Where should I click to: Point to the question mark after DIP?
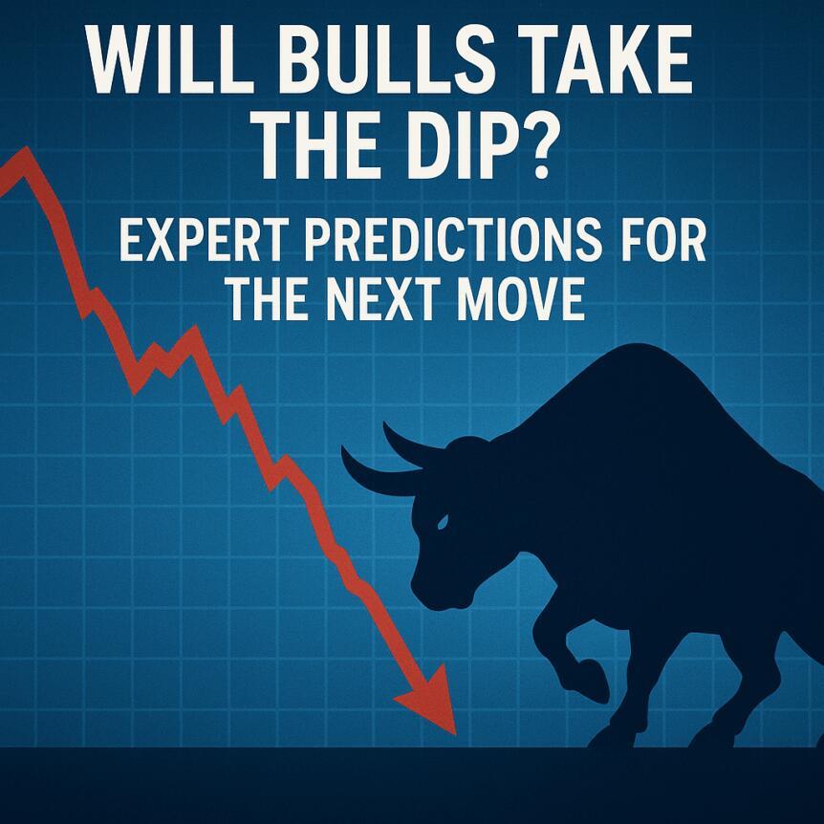coord(531,151)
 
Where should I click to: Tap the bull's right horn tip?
coord(388,426)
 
